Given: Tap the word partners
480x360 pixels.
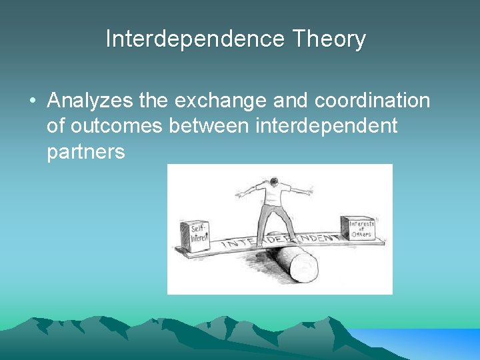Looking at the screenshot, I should pyautogui.click(x=86, y=152).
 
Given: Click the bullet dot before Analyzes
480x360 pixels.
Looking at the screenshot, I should pyautogui.click(x=32, y=102).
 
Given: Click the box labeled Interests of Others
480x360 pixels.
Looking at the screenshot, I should pyautogui.click(x=357, y=230).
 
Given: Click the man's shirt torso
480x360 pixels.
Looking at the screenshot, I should pyautogui.click(x=273, y=196).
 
